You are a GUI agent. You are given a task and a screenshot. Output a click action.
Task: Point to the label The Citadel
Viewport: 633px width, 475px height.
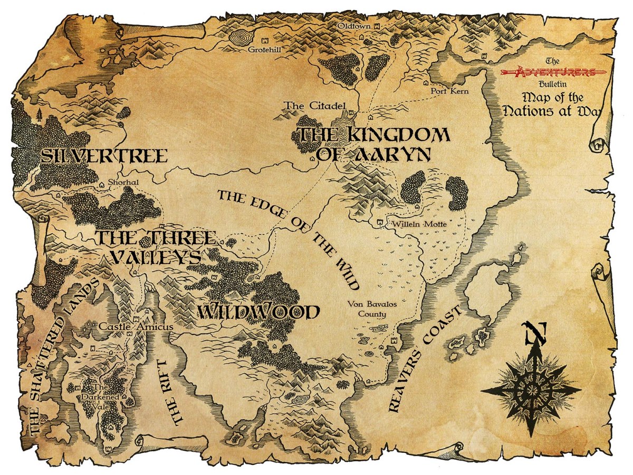click(303, 106)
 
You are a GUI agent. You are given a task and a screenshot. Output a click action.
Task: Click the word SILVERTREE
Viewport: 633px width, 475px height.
click(104, 156)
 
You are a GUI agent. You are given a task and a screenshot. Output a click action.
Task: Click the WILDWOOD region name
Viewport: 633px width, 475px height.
click(258, 312)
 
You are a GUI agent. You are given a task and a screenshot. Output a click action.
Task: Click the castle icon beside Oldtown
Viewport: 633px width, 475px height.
click(376, 25)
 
